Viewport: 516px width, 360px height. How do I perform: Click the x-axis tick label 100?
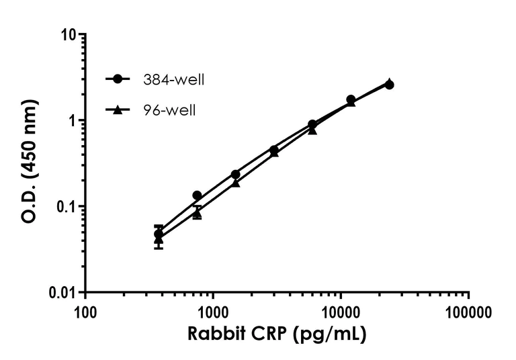tap(85, 312)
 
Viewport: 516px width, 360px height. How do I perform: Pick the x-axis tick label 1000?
tap(213, 312)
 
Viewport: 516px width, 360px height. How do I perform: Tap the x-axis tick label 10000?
tap(341, 312)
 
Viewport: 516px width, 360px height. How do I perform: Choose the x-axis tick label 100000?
tap(468, 312)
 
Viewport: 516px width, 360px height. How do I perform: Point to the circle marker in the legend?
tap(118, 79)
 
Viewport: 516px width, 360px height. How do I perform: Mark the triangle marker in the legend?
tap(118, 109)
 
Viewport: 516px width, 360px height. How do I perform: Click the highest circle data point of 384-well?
tap(389, 85)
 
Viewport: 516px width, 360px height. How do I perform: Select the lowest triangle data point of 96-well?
tap(159, 238)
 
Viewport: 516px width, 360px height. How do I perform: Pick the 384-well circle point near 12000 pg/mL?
tap(351, 99)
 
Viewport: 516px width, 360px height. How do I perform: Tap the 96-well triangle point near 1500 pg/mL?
tap(236, 183)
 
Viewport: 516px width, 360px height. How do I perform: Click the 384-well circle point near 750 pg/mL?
tap(197, 195)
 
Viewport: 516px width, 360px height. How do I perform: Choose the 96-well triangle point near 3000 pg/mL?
tap(274, 152)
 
